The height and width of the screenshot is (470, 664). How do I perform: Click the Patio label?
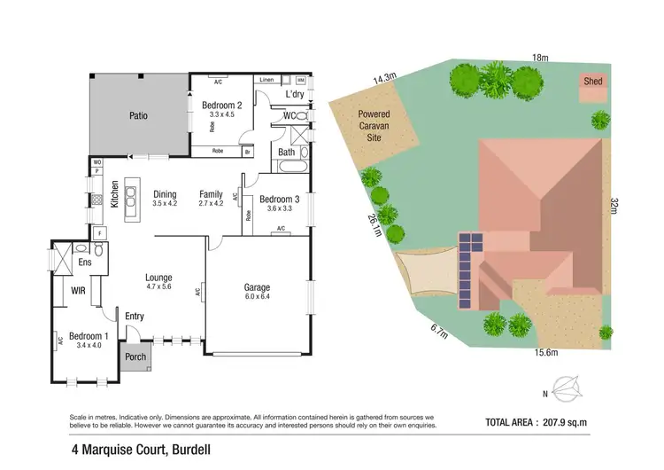pos(137,116)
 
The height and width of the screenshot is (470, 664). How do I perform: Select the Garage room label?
pos(257,288)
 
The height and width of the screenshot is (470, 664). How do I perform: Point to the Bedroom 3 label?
pos(279,200)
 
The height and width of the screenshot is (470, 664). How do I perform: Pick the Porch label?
pos(136,358)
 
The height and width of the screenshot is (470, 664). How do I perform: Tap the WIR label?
pos(77,289)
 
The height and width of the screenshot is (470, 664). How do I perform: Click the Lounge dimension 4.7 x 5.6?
pos(158,287)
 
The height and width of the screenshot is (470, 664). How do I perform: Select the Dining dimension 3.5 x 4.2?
pos(165,204)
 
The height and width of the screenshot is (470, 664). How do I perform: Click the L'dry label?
pos(295,94)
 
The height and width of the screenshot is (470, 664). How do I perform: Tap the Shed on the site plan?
pos(592,82)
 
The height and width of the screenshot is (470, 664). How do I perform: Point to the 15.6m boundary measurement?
pos(546,352)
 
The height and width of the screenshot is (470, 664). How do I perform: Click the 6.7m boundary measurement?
pos(438,333)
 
